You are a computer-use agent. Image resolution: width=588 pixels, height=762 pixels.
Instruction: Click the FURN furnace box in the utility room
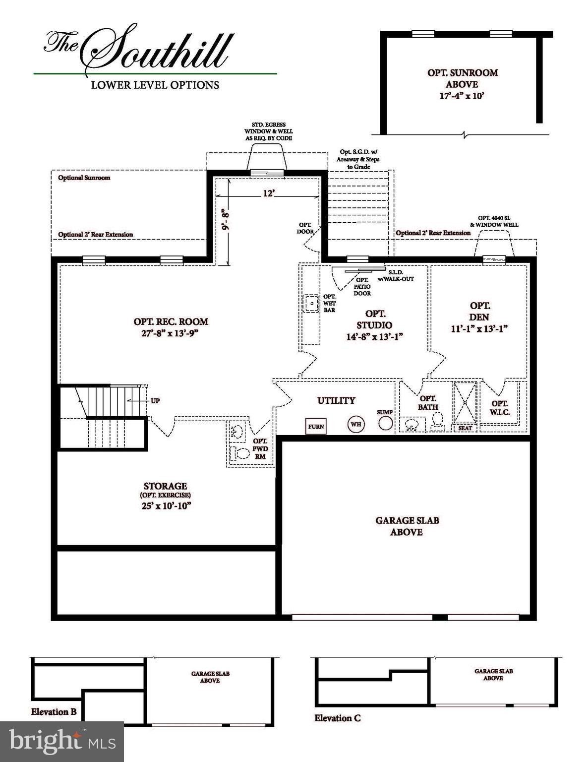(x=316, y=426)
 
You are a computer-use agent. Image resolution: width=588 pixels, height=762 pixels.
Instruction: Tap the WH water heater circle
(x=355, y=424)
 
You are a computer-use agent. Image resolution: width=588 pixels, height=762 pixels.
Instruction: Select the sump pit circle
(x=385, y=423)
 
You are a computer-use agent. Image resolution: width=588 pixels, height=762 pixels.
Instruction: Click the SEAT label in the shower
(x=465, y=428)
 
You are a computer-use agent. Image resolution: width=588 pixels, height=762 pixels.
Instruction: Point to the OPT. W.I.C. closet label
(x=500, y=408)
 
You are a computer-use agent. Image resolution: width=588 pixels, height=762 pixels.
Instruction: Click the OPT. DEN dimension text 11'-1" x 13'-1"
(x=479, y=328)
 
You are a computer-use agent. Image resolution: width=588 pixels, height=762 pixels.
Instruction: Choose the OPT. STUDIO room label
(x=375, y=319)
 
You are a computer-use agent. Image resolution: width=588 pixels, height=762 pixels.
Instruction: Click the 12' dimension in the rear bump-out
(x=268, y=193)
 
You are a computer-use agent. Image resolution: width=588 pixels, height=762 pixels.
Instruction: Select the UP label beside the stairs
(x=155, y=400)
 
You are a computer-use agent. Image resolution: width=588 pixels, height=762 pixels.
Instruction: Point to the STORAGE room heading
(x=165, y=486)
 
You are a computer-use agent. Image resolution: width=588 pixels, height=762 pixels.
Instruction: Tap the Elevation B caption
(x=54, y=712)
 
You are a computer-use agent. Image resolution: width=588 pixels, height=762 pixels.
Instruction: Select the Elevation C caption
(x=337, y=718)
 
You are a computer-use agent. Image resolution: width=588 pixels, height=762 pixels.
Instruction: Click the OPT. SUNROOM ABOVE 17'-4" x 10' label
(x=462, y=84)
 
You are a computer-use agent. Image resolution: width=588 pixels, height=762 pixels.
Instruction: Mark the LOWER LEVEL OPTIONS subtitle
(x=155, y=85)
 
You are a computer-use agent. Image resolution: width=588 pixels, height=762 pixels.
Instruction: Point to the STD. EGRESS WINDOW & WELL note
(x=268, y=131)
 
